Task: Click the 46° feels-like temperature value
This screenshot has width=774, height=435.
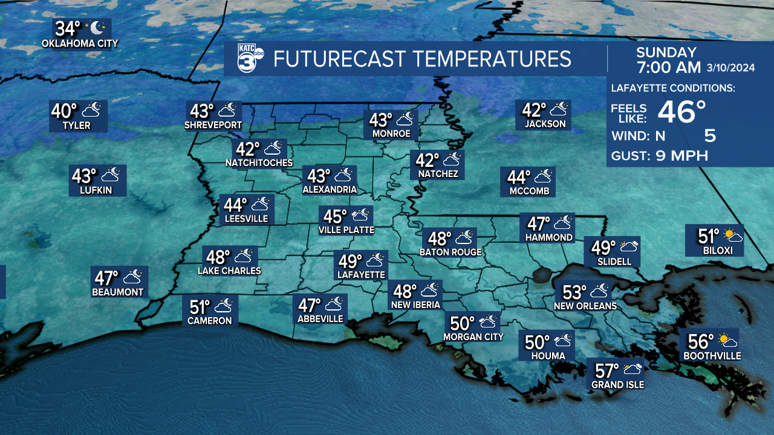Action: coord(681,112)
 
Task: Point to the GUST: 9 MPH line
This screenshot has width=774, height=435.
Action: coord(659,156)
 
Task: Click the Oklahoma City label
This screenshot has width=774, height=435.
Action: coord(80,43)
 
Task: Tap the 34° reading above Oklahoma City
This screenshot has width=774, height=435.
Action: coord(68,28)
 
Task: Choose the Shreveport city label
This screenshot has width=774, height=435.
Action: coord(213,125)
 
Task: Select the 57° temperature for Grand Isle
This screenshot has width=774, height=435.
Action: coord(607,370)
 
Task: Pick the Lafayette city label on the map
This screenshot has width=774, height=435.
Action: coord(362,274)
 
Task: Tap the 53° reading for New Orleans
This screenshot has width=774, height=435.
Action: coord(575,292)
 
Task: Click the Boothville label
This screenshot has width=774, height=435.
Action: coord(712,356)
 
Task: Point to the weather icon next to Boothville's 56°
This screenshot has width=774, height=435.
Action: coord(727,341)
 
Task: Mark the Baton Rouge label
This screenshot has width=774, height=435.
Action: coord(450,252)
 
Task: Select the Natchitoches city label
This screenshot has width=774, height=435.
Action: coord(259,163)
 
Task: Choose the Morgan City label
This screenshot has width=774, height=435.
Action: coord(473,337)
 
